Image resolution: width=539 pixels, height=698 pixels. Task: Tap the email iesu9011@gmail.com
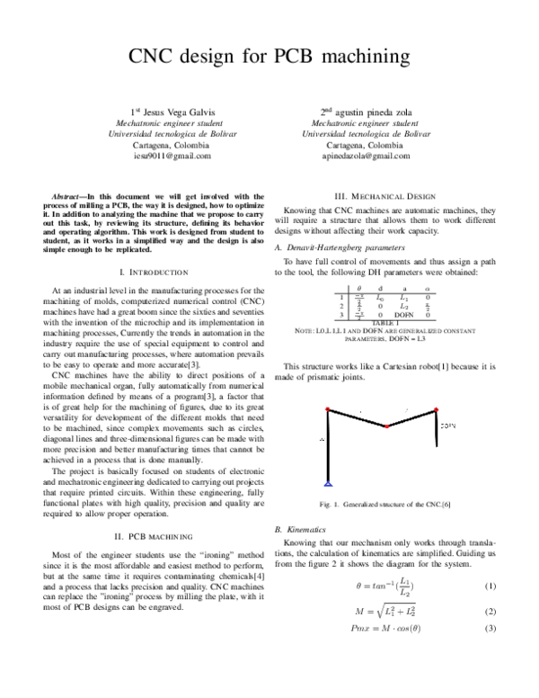[x=172, y=156]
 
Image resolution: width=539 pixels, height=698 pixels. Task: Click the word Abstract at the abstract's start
[x=68, y=195]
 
